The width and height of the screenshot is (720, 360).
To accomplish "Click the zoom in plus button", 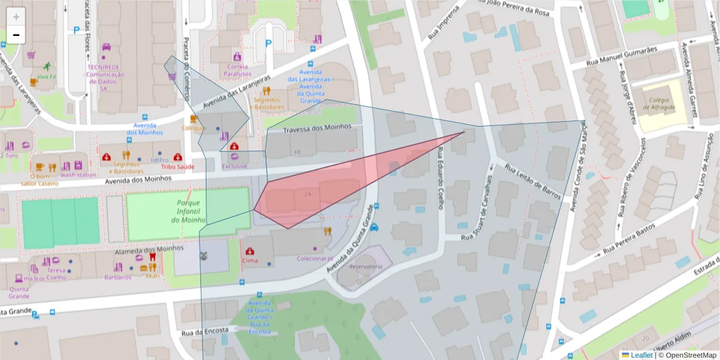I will (16, 17).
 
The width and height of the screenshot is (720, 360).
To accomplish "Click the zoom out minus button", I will (16, 35).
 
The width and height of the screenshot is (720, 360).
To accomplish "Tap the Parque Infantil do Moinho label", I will (188, 211).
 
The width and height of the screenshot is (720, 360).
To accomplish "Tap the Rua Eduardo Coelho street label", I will (442, 178).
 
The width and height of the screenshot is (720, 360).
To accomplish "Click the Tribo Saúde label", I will (177, 166).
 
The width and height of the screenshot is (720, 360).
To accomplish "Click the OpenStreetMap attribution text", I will (688, 355).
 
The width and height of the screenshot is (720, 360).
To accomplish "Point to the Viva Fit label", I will (46, 76).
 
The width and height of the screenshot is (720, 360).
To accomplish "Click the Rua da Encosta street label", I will (205, 331).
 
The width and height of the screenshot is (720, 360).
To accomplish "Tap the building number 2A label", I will (308, 194).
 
